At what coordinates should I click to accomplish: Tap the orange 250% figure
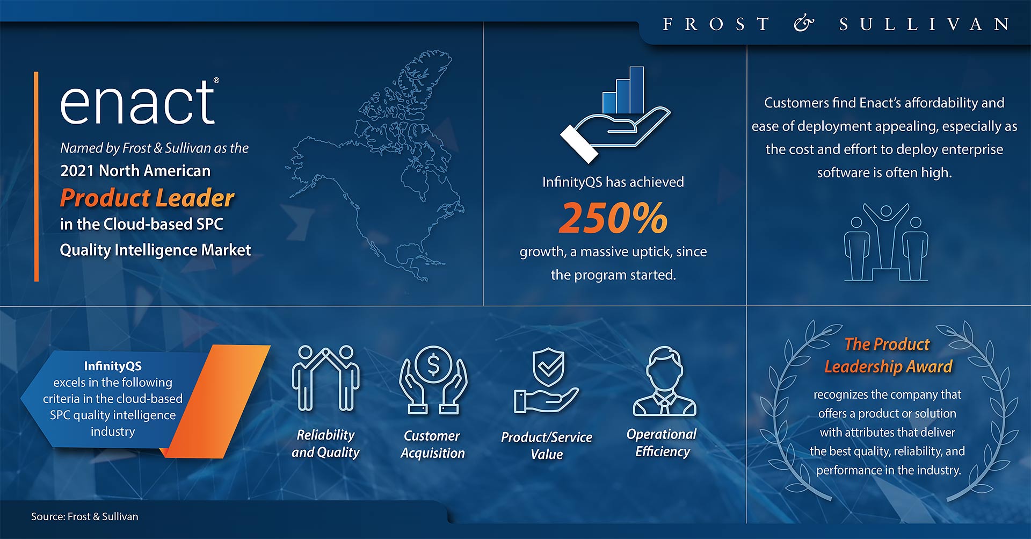tap(613, 218)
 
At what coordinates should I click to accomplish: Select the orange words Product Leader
tap(147, 198)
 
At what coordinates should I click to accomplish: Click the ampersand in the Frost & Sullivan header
tap(803, 24)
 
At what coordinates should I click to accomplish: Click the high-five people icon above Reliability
tap(325, 378)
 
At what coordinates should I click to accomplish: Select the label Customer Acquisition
tap(432, 444)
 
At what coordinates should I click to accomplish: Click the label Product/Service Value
tap(547, 445)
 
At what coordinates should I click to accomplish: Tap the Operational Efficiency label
tap(662, 443)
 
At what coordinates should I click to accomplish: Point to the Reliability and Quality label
tap(325, 443)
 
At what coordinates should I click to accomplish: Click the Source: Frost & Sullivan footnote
tap(84, 516)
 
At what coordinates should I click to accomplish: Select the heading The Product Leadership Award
tap(888, 355)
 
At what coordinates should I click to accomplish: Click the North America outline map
tap(376, 167)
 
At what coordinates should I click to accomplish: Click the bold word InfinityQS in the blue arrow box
tap(113, 366)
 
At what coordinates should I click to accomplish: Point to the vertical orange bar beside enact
tap(37, 176)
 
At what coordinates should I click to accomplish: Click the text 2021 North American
tap(135, 171)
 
